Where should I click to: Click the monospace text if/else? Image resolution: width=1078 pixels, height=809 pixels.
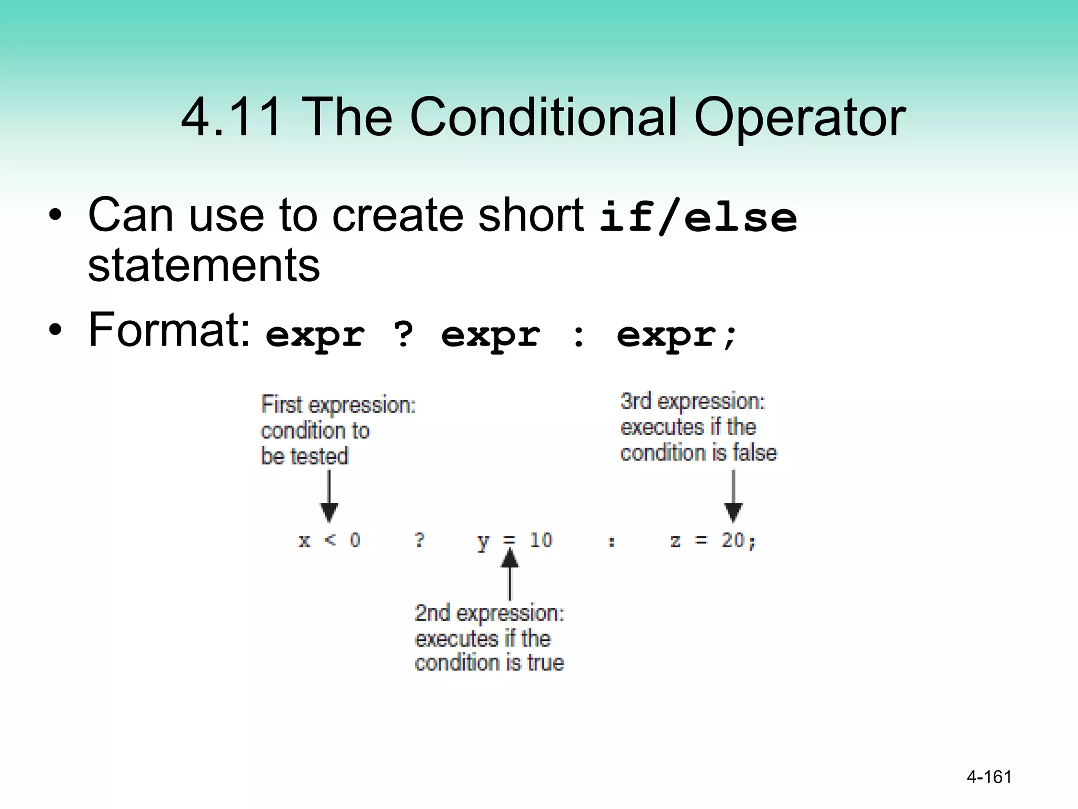tap(698, 218)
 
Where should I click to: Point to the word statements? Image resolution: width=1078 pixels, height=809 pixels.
tap(204, 265)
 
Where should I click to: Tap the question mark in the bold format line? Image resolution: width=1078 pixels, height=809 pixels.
tap(403, 334)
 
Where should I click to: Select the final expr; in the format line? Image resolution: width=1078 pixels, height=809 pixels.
tap(677, 335)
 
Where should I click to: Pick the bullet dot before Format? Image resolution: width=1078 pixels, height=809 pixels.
tap(55, 330)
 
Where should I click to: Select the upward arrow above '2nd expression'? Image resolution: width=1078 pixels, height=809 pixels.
tap(509, 574)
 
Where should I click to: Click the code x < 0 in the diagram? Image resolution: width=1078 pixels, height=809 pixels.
tap(330, 540)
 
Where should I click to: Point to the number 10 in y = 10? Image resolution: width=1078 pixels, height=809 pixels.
tap(541, 540)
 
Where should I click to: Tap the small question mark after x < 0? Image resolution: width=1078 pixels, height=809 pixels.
tap(419, 540)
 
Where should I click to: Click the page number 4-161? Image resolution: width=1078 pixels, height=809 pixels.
tap(989, 777)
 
